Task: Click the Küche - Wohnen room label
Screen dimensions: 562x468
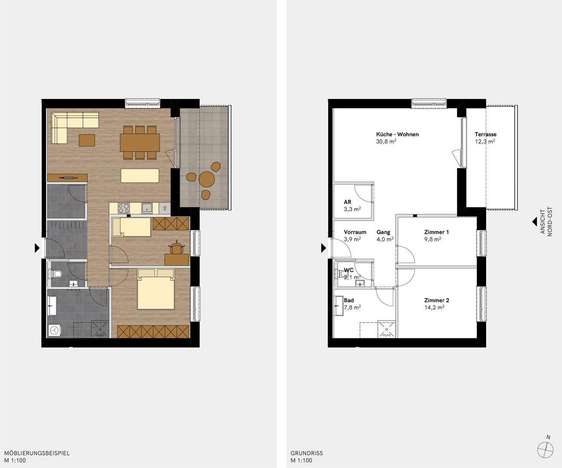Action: pyautogui.click(x=397, y=134)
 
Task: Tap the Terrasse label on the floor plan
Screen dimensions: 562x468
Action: pyautogui.click(x=486, y=134)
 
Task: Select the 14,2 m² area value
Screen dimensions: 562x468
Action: pyautogui.click(x=435, y=307)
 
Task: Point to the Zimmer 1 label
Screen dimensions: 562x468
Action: pyautogui.click(x=437, y=232)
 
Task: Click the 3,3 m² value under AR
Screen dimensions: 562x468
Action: pyautogui.click(x=352, y=209)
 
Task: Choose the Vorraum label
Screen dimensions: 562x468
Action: pyautogui.click(x=355, y=232)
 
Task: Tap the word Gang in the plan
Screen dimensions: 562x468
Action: pyautogui.click(x=383, y=232)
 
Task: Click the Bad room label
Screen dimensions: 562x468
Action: pyautogui.click(x=349, y=300)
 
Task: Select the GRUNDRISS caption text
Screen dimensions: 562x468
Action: pyautogui.click(x=307, y=453)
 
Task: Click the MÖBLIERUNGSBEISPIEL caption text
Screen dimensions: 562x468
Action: pyautogui.click(x=37, y=453)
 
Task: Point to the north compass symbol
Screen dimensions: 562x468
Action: pyautogui.click(x=546, y=450)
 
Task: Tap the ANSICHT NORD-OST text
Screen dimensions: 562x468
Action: pyautogui.click(x=546, y=221)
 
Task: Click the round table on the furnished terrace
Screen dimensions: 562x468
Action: pyautogui.click(x=207, y=179)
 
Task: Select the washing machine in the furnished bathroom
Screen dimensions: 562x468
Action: pyautogui.click(x=54, y=331)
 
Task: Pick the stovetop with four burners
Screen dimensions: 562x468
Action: pyautogui.click(x=124, y=208)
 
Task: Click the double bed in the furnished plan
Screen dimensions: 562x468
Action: pyautogui.click(x=156, y=289)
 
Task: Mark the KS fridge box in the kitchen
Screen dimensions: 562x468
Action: pyautogui.click(x=165, y=208)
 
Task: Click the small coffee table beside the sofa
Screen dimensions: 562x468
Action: pyautogui.click(x=87, y=140)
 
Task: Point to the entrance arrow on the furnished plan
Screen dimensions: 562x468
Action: pyautogui.click(x=37, y=248)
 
